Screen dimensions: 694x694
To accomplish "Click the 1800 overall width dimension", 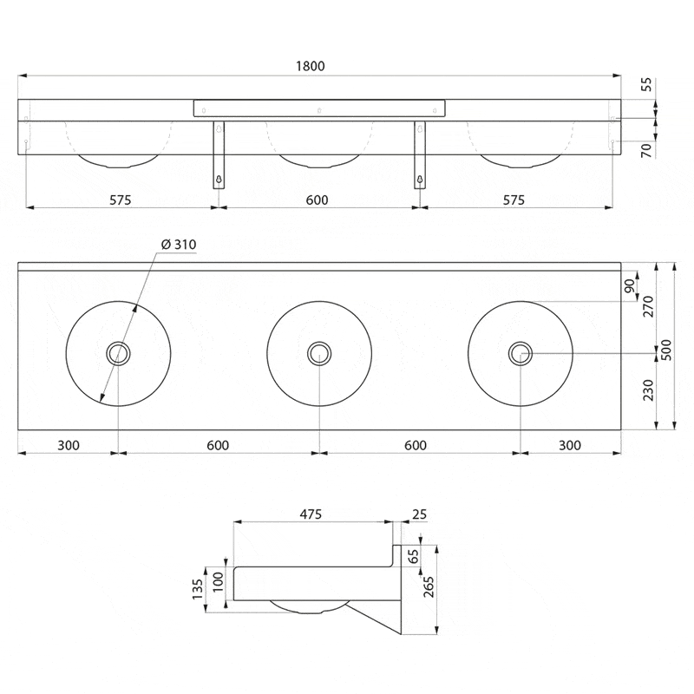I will point(318,67).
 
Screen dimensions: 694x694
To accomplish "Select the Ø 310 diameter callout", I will point(179,246).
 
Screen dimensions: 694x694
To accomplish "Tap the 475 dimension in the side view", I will point(311,514).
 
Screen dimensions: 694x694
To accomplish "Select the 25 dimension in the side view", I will point(419,514).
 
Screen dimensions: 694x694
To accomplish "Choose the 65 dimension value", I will point(414,555).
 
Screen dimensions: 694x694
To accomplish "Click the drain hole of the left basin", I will point(118,352).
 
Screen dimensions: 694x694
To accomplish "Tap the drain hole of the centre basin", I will point(319,352).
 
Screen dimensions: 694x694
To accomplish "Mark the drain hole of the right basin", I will point(520,352).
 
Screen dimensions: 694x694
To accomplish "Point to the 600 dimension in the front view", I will point(318,200).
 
